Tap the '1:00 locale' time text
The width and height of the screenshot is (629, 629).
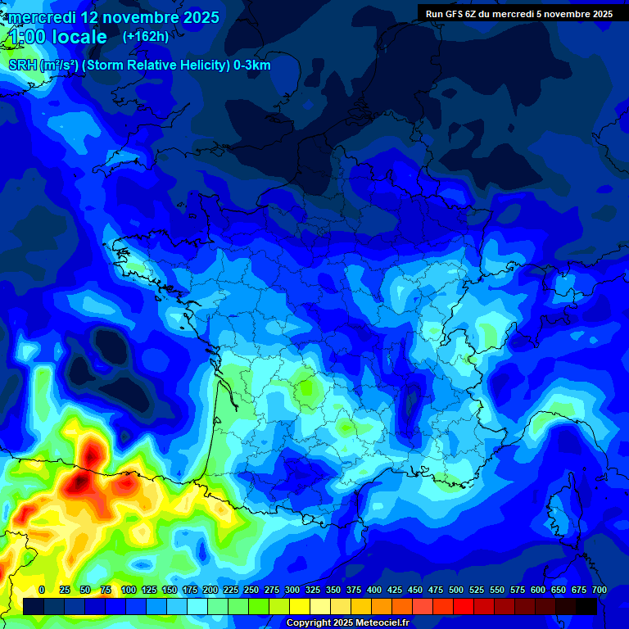tap(58, 37)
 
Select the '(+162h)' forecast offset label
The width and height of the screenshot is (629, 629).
tap(146, 36)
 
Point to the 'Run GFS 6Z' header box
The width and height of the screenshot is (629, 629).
tap(519, 13)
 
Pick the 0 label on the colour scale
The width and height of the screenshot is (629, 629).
tap(42, 590)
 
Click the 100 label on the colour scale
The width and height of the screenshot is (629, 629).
tap(128, 590)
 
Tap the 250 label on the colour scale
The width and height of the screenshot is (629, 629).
tap(251, 590)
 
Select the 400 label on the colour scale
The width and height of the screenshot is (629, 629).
tap(374, 590)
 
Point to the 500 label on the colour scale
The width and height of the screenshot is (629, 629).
tap(456, 590)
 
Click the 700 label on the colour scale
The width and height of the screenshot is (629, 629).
tap(600, 590)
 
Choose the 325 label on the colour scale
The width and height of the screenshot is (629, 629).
tap(313, 590)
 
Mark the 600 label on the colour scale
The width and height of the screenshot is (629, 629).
tap(538, 590)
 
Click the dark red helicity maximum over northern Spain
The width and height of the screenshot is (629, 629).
tap(80, 482)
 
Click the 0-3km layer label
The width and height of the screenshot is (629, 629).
tap(252, 66)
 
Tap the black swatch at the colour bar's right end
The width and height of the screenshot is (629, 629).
tap(586, 607)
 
